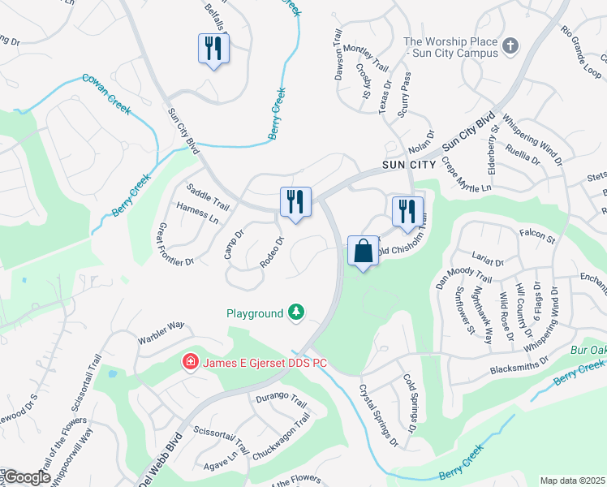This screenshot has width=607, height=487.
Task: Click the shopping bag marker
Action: click(363, 251)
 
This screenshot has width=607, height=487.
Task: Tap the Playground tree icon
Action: click(297, 312)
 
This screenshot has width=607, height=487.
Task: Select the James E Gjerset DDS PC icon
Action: click(191, 361)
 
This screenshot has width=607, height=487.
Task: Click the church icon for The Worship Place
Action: click(510, 45)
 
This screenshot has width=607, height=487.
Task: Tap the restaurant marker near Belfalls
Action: click(213, 49)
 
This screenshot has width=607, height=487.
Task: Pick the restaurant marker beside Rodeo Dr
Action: click(295, 202)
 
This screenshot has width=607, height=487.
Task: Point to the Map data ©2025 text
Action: click(572, 481)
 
